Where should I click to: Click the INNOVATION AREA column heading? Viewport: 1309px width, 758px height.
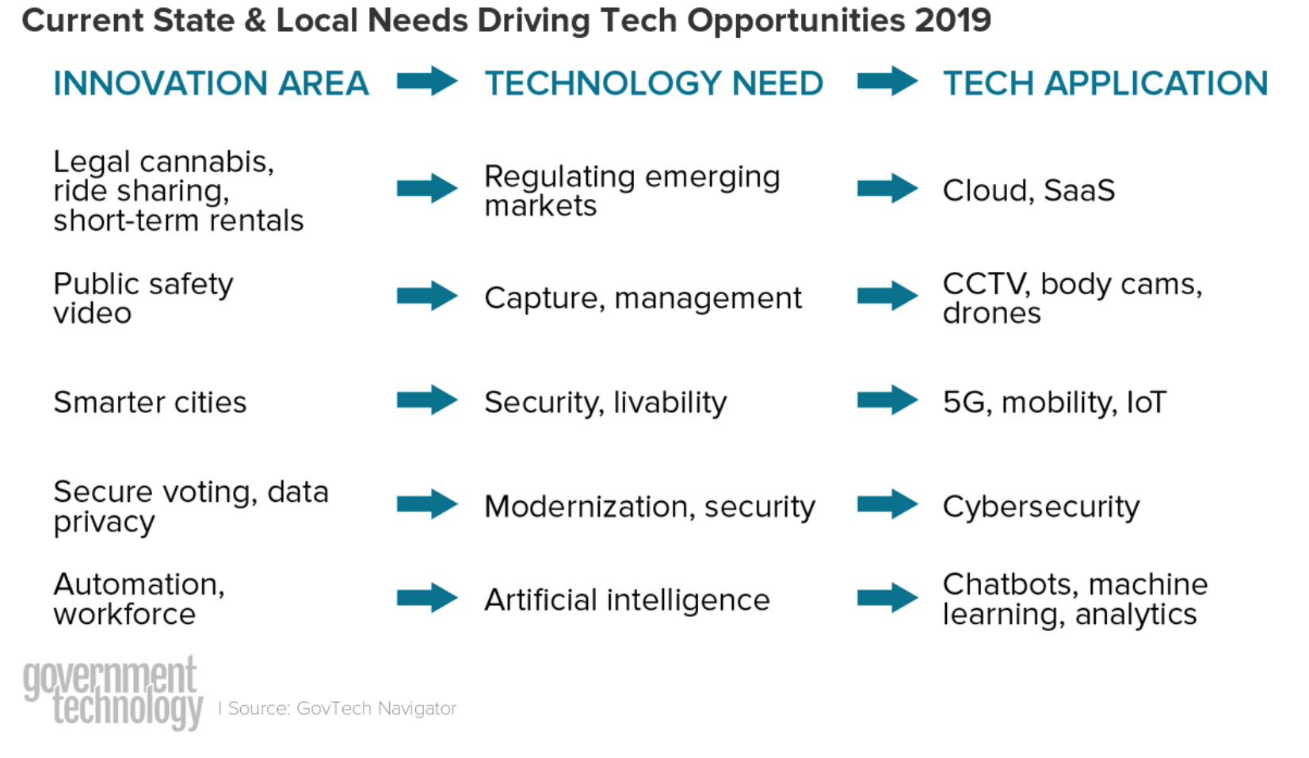pos(211,83)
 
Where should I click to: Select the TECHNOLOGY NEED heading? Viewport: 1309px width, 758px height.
pos(654,83)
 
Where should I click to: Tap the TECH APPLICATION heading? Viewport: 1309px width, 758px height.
pos(1105,83)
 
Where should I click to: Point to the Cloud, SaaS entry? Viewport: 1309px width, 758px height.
pos(1028,190)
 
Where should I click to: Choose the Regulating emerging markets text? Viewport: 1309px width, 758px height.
pos(631,190)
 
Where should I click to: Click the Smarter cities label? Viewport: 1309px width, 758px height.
pos(150,402)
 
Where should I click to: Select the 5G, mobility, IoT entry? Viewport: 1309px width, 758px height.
pos(1054,402)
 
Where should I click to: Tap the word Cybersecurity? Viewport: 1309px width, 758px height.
pos(1040,507)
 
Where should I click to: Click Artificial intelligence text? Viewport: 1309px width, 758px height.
pos(627,599)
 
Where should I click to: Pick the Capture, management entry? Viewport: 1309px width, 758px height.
pos(643,298)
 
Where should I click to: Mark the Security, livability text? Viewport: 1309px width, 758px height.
pos(605,402)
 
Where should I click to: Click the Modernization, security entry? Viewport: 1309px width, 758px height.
pos(649,507)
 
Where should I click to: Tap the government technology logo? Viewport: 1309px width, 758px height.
pos(113,692)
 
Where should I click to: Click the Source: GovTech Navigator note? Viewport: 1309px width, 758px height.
pos(342,708)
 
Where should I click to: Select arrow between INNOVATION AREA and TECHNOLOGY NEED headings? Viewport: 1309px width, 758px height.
pos(427,81)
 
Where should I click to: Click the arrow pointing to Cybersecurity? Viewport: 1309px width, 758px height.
pos(887,503)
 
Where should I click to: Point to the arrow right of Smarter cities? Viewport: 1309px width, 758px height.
pos(427,400)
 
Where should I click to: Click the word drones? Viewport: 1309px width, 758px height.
pos(991,313)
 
